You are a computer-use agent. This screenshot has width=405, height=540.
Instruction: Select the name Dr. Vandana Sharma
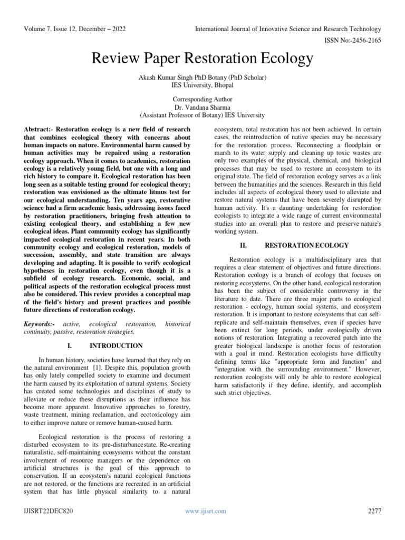pos(202,107)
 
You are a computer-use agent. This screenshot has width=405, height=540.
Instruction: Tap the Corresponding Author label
pos(202,99)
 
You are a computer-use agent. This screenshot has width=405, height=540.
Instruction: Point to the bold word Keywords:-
pos(41,323)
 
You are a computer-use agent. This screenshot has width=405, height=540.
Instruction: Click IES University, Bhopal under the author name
pos(202,85)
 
